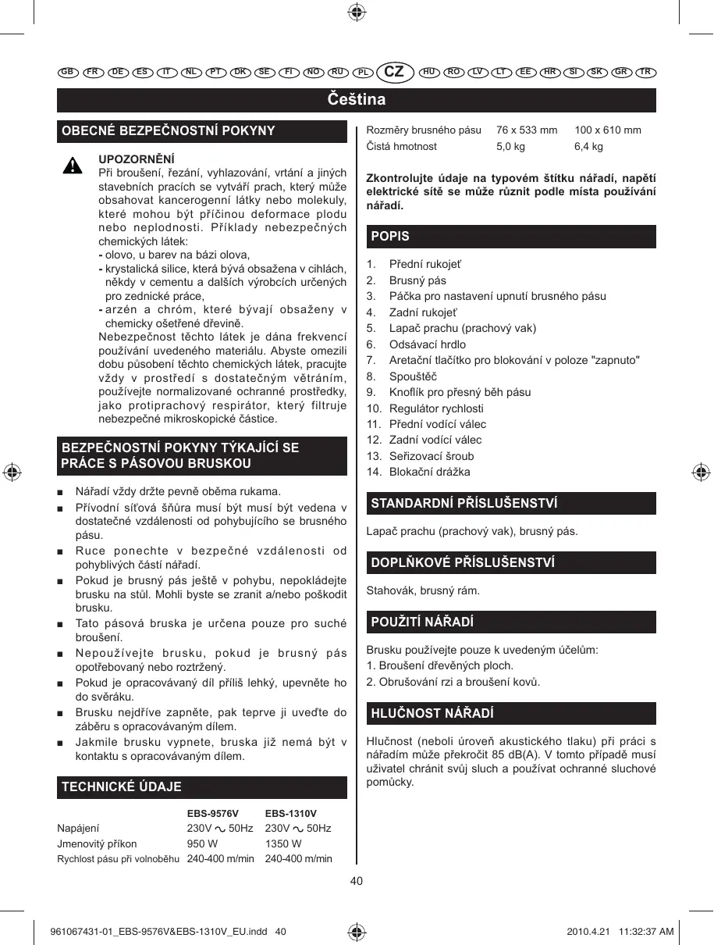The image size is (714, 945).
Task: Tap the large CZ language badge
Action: click(x=395, y=72)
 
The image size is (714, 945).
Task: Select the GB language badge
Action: click(x=67, y=72)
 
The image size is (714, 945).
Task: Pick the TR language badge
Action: click(x=645, y=72)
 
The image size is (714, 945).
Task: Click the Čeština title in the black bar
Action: click(x=357, y=100)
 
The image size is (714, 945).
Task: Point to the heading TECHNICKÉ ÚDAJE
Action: click(x=122, y=786)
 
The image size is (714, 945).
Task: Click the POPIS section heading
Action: click(x=390, y=236)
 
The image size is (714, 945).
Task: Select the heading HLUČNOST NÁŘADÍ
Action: click(x=432, y=713)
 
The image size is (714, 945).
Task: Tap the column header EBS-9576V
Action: click(x=213, y=814)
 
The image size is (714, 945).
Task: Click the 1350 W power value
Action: click(x=283, y=843)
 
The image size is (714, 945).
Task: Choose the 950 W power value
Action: click(x=202, y=843)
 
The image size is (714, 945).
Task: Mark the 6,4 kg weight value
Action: click(x=588, y=146)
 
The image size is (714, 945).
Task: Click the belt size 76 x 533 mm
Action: click(x=527, y=130)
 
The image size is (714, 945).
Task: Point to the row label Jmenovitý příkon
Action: click(x=97, y=843)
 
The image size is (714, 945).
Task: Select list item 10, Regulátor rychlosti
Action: click(x=436, y=408)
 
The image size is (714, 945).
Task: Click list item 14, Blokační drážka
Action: click(x=429, y=472)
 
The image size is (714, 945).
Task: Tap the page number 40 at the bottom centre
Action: click(x=357, y=881)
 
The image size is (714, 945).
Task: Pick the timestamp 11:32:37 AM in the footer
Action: click(x=645, y=932)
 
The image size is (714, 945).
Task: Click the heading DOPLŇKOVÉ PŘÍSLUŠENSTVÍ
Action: click(x=463, y=562)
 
